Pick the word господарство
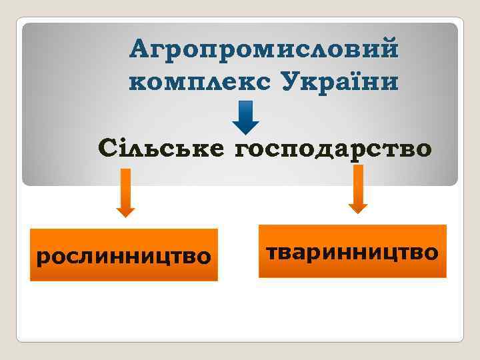[x=332, y=148]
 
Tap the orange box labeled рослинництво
[x=124, y=255]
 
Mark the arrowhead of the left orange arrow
[x=125, y=211]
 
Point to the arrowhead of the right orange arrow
[x=358, y=207]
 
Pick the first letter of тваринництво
[x=273, y=253]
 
